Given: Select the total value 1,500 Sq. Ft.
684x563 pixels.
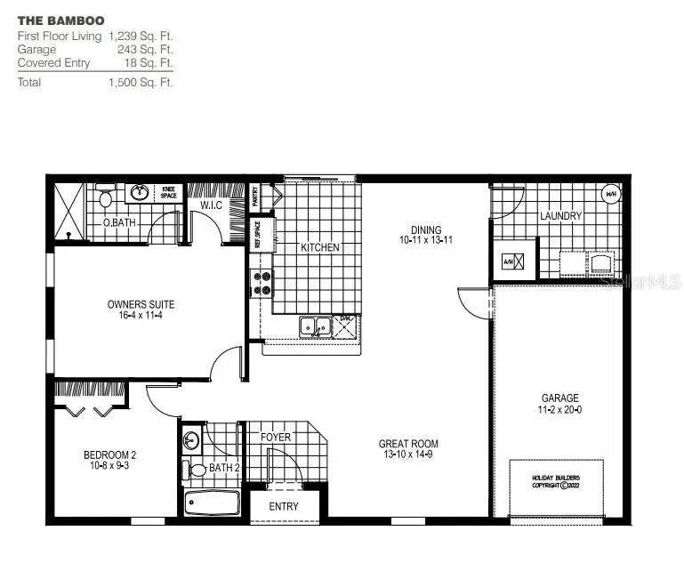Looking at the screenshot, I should (140, 82).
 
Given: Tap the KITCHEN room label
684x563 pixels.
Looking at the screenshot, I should (319, 247).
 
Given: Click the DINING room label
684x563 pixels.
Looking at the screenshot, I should (426, 230).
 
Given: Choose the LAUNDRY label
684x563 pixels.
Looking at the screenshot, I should (560, 216).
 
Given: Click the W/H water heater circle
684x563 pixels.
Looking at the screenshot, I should (611, 195).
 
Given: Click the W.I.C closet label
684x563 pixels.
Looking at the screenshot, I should (211, 205).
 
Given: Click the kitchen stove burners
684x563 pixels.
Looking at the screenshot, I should (263, 283).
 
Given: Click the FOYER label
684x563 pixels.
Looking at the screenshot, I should (275, 438).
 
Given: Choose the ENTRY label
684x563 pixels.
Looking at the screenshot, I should (284, 506).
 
